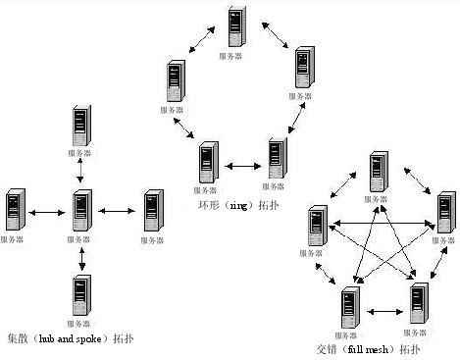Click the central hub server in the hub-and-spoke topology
(81, 209)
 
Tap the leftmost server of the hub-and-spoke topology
(14, 209)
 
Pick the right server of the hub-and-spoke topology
(152, 209)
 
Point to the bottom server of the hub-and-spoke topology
(81, 293)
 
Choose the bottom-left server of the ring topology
(207, 160)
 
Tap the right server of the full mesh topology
(442, 213)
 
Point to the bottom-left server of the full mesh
(347, 307)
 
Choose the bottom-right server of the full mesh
(418, 303)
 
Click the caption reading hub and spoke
(70, 338)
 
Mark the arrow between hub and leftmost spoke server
(47, 210)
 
